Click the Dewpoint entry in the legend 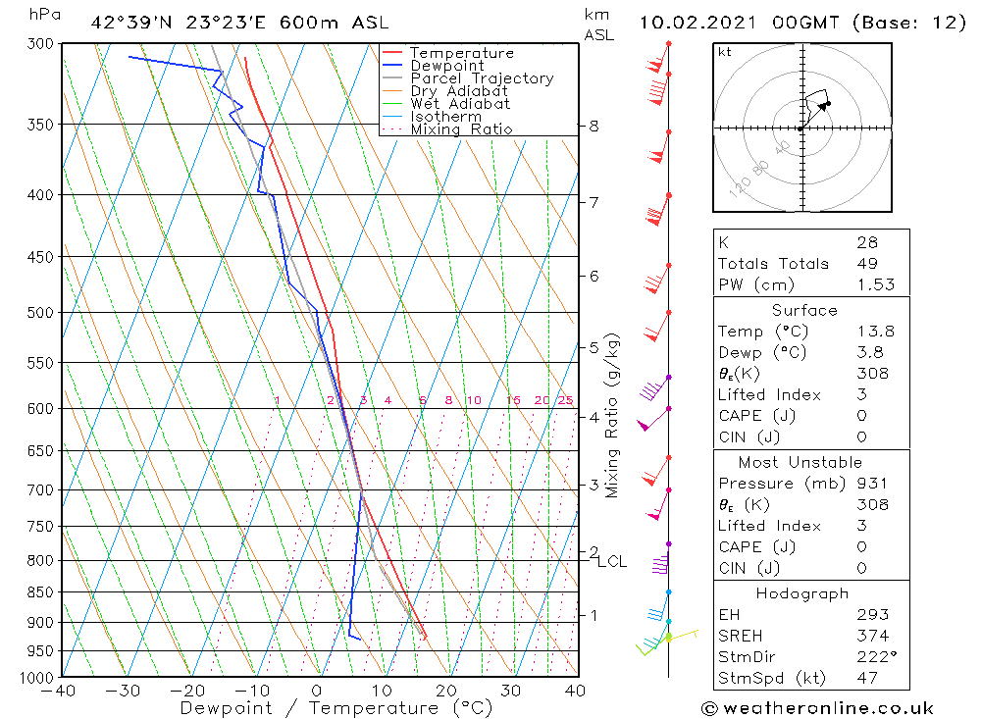(446, 66)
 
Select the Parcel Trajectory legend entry (481, 78)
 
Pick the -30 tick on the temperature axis (123, 691)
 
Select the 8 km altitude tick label (594, 126)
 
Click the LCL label (612, 561)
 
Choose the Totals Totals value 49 (867, 263)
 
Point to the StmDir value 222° (875, 657)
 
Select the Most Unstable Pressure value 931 (871, 484)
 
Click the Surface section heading (804, 311)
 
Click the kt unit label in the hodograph (724, 52)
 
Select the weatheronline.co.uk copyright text (817, 708)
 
